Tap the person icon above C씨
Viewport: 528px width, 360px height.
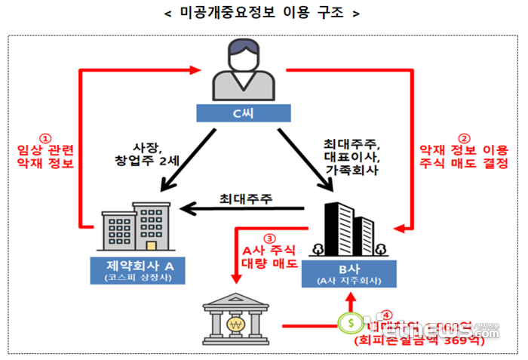242,73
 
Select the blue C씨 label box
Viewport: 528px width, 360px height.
242,113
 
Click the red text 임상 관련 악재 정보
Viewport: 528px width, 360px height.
45,155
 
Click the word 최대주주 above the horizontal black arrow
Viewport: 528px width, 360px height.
247,198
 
